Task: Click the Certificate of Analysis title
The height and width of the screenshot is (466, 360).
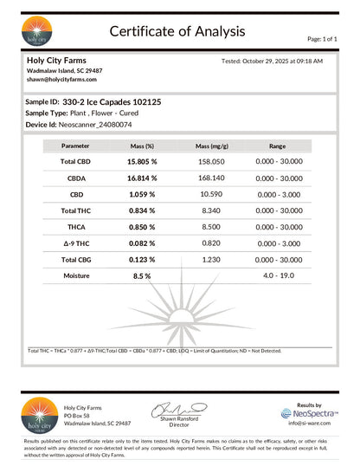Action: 177,31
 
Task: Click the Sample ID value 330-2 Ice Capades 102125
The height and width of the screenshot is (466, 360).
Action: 112,101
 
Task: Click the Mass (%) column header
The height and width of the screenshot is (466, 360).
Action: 141,147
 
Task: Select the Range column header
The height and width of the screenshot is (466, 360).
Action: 277,147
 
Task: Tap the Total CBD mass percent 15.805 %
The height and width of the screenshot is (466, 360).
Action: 141,162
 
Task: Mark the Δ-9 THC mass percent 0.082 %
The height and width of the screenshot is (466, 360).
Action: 141,243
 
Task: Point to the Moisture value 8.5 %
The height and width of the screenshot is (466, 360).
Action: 141,275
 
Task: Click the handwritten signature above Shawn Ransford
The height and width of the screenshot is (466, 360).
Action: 177,408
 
